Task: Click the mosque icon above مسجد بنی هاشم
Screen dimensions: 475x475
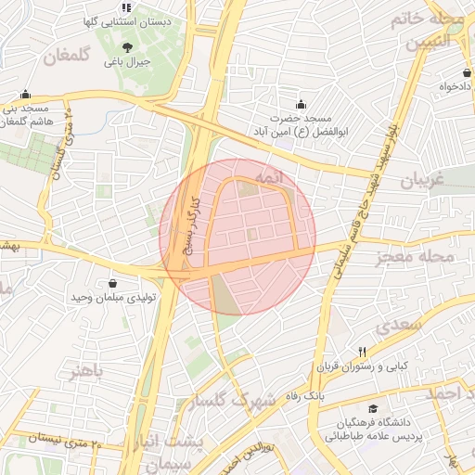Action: [x=25, y=94]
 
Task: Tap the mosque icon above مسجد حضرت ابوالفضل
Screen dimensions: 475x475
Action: [x=299, y=104]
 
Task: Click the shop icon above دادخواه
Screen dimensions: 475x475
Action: [x=466, y=72]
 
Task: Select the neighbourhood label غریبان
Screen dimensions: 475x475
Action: [x=423, y=182]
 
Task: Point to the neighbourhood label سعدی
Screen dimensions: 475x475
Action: [x=400, y=326]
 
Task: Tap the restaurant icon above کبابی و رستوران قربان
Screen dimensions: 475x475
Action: [x=363, y=352]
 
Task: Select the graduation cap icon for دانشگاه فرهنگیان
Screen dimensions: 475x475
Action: [x=372, y=408]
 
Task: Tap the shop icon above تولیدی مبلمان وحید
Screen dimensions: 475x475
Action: [x=113, y=283]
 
